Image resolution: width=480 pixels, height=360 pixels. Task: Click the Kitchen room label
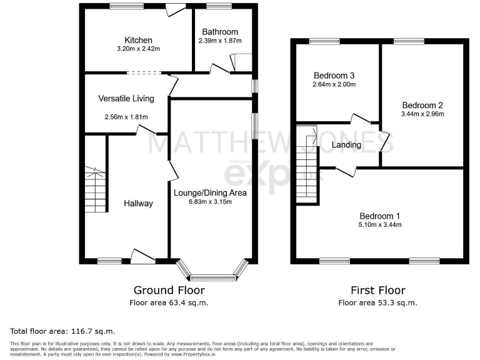pos(138,40)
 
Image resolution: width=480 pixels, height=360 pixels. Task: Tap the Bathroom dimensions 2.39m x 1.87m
pos(219,41)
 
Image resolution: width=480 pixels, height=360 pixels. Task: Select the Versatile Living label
pos(126,98)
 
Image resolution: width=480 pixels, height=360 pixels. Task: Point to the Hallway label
pos(137,203)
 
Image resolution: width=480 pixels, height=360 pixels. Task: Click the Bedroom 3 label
pos(334,76)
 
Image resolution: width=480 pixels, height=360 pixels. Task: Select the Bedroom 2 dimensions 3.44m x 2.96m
pos(422,114)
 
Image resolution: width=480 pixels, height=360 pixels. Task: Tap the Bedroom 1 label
pos(379,216)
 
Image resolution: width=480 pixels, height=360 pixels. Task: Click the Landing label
pos(346,145)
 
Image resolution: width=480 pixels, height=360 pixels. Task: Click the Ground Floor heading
pos(169,290)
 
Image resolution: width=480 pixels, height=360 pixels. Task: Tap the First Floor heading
pos(377,290)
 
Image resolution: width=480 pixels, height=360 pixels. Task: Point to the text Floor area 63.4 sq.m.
pos(169,302)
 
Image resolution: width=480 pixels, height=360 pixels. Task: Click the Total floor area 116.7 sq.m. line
pos(62,331)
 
